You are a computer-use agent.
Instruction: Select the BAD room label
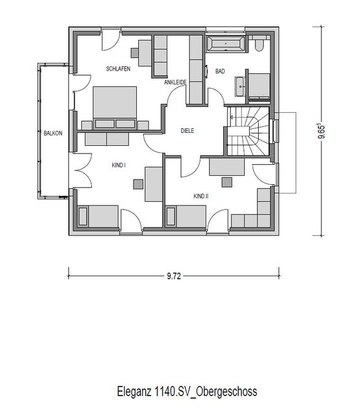(x=220, y=73)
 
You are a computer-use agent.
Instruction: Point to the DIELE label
(x=188, y=131)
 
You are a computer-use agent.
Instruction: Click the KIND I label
(x=118, y=165)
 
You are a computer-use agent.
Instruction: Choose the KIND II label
(x=200, y=195)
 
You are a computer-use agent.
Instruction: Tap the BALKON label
(x=54, y=132)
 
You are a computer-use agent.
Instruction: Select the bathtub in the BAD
(x=225, y=44)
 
